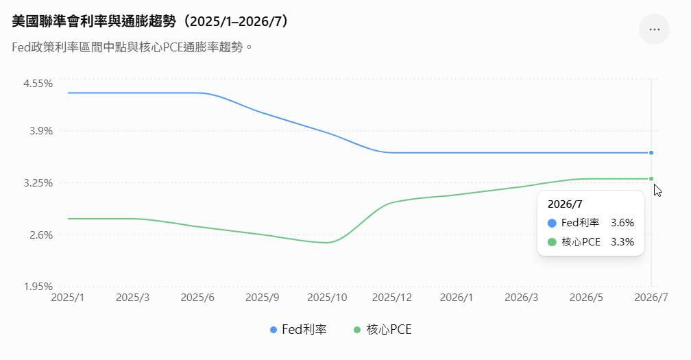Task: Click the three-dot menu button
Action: coord(655,29)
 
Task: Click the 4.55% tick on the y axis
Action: coord(38,83)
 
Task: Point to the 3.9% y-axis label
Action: coord(41,131)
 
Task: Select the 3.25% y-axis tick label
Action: coord(38,183)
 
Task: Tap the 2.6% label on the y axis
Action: coord(41,235)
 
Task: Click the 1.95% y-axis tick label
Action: coord(38,287)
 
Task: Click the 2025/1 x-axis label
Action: coord(68,298)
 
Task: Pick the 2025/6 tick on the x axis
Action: coord(197,298)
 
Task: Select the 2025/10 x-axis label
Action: coord(327,298)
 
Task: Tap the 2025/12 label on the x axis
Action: coord(392,298)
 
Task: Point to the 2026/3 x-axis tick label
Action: coord(521,298)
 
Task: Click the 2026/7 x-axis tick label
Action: coord(651,298)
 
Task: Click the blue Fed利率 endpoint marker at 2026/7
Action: coord(651,153)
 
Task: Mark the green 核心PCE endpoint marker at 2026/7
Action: coord(651,179)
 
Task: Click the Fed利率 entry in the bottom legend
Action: coord(298,330)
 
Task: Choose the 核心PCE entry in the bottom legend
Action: coord(383,330)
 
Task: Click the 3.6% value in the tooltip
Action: coord(622,223)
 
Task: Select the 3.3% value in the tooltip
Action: coord(622,242)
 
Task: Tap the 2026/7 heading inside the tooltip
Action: coord(565,204)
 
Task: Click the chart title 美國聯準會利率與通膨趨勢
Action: coord(94,21)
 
